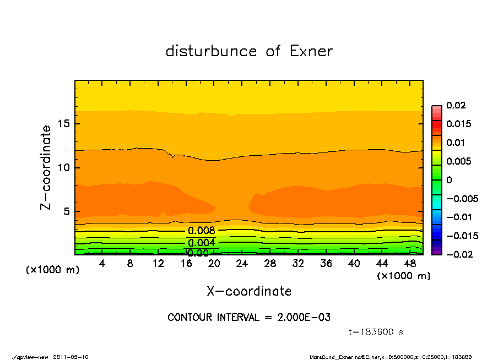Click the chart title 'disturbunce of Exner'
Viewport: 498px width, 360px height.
click(249, 52)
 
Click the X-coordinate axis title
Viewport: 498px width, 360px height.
click(249, 291)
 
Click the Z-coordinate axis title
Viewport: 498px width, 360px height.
click(46, 167)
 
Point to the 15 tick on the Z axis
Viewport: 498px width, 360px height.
click(63, 124)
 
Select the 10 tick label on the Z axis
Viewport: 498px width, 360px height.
click(63, 167)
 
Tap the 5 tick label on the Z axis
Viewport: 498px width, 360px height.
click(66, 211)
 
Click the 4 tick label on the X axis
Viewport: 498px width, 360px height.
click(102, 264)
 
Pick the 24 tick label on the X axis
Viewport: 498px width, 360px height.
click(242, 264)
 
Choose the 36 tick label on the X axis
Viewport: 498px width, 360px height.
click(326, 264)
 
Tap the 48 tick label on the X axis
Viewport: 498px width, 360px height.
click(410, 264)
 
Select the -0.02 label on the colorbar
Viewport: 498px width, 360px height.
click(458, 254)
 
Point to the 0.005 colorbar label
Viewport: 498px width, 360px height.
click(458, 161)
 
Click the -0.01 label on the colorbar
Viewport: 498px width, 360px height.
click(458, 217)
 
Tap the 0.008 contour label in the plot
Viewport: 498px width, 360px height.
click(201, 231)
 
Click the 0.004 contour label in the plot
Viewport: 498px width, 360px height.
click(201, 243)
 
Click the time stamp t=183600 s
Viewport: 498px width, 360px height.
click(376, 332)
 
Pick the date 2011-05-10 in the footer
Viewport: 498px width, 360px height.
click(71, 357)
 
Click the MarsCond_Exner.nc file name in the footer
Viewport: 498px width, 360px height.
click(334, 357)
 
